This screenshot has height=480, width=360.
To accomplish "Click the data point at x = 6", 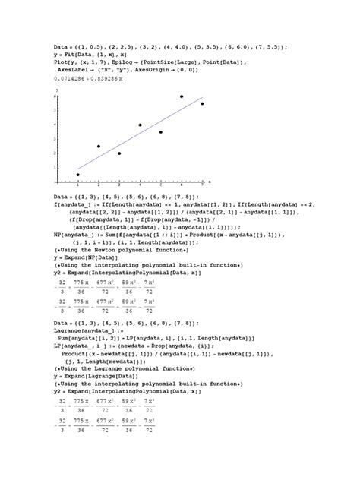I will coord(182,96).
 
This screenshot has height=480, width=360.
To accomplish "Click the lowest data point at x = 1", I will coord(77,175).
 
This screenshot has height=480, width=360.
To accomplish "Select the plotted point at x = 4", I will coord(140,125).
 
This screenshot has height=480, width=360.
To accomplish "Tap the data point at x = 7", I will coord(202,103).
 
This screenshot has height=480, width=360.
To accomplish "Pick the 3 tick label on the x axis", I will coord(119,185).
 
